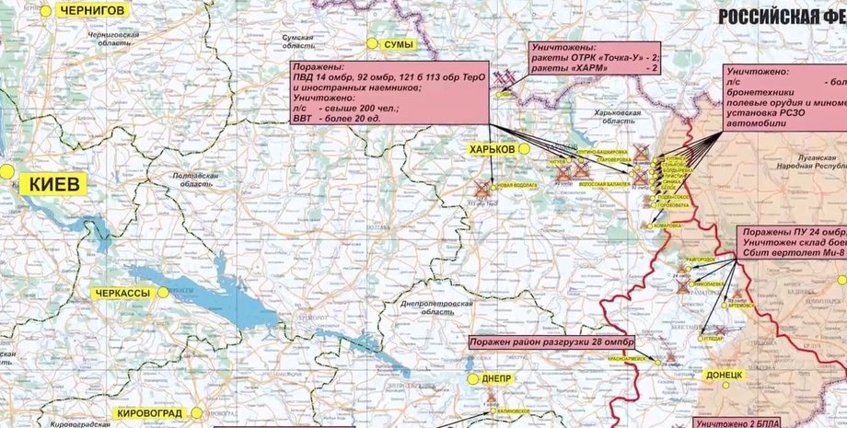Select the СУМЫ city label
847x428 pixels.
pyautogui.click(x=399, y=44)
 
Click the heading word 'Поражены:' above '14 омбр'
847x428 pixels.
pyautogui.click(x=318, y=68)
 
